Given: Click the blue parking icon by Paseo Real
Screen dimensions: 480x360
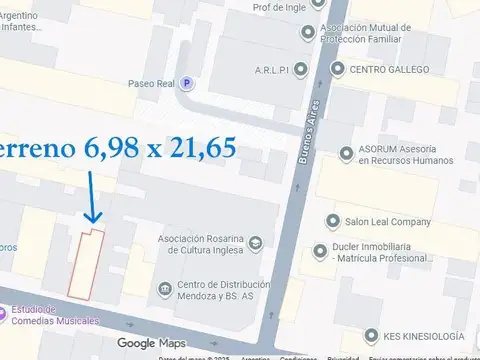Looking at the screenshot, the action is pyautogui.click(x=185, y=84).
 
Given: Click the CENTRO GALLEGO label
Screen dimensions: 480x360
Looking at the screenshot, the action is pyautogui.click(x=389, y=70).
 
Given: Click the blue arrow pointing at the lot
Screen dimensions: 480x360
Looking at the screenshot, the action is pyautogui.click(x=91, y=196).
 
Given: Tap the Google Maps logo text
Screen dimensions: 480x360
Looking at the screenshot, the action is pyautogui.click(x=150, y=344).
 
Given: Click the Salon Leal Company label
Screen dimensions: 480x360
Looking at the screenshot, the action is pyautogui.click(x=388, y=221).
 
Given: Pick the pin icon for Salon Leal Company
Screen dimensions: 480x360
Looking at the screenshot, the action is pyautogui.click(x=332, y=221).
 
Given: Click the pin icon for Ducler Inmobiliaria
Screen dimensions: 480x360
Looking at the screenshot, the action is pyautogui.click(x=319, y=251).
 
